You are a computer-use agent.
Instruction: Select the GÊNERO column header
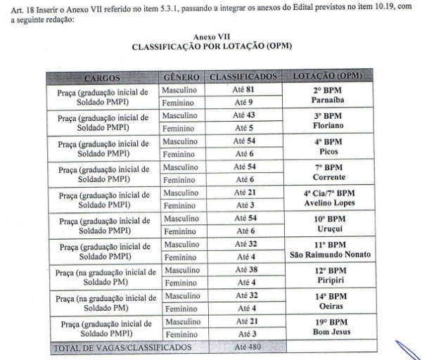pyautogui.click(x=182, y=76)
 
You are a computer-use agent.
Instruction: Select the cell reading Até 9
pyautogui.click(x=243, y=103)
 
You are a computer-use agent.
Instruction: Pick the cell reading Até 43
pyautogui.click(x=243, y=115)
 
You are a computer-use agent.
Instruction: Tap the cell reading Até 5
pyautogui.click(x=243, y=129)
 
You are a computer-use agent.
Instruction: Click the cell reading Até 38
pyautogui.click(x=243, y=269)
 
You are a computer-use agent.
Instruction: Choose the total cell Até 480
pyautogui.click(x=243, y=347)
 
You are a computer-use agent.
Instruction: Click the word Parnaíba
pyautogui.click(x=326, y=100)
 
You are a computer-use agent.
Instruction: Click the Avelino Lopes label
pyautogui.click(x=326, y=203)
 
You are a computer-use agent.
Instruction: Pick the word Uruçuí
pyautogui.click(x=326, y=229)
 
